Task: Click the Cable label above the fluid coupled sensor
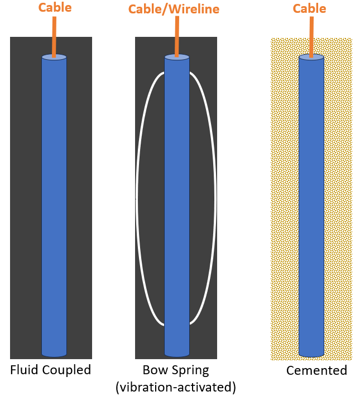[x=55, y=7]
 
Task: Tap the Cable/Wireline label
[x=174, y=9]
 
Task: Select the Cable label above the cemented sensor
[x=309, y=8]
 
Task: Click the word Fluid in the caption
[x=24, y=370]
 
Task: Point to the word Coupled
[x=66, y=370]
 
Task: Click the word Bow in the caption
[x=154, y=370]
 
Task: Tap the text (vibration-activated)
[x=176, y=387]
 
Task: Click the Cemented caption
[x=316, y=370]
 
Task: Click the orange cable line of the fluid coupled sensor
[x=54, y=37]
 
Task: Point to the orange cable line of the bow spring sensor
[x=177, y=37]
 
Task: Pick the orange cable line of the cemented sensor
[x=311, y=37]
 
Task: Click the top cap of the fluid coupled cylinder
[x=54, y=58]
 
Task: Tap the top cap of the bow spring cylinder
[x=177, y=58]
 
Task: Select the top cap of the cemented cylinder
[x=311, y=58]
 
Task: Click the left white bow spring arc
[x=137, y=198]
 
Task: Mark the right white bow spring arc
[x=215, y=198]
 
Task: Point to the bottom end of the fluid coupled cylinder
[x=54, y=354]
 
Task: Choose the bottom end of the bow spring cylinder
[x=177, y=354]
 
